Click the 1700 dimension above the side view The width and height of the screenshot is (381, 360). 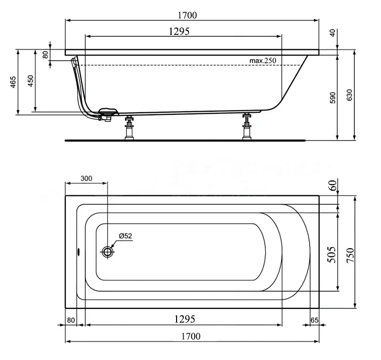click(x=187, y=15)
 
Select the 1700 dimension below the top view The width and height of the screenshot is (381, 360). click(x=191, y=336)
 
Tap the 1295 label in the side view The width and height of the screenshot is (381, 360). click(x=179, y=31)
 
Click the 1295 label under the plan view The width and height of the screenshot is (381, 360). click(x=185, y=319)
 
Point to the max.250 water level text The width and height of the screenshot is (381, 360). click(x=263, y=61)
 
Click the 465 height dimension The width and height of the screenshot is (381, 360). click(x=13, y=82)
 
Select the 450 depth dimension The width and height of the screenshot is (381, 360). click(x=30, y=81)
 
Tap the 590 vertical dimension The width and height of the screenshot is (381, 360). click(x=332, y=98)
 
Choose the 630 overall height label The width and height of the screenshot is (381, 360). click(x=349, y=95)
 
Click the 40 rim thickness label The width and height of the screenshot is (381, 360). click(x=332, y=32)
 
